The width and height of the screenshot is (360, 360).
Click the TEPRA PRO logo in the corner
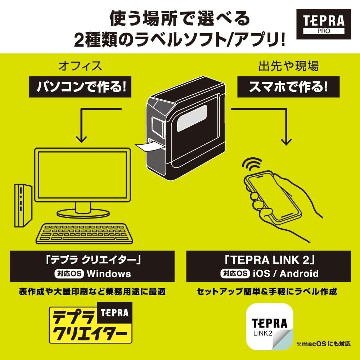324,24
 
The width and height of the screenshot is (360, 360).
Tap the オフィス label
80,66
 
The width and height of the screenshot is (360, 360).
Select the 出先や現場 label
288,66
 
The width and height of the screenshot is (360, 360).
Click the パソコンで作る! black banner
80,87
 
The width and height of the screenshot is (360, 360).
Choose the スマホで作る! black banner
288,87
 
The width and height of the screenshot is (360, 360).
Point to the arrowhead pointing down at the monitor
81,139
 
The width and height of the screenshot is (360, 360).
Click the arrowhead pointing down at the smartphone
286,141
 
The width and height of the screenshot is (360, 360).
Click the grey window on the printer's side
192,118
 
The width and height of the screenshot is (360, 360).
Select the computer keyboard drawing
84,234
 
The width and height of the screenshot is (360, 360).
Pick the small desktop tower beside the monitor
23,206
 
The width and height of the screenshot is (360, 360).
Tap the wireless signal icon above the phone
252,163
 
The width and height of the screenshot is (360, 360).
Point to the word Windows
109,274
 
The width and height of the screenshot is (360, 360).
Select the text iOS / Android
285,274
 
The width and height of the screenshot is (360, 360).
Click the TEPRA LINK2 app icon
270,327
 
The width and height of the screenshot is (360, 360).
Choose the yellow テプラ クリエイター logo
91,323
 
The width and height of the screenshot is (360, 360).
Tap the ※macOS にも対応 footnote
323,344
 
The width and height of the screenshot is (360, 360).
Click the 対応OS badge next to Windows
69,274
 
